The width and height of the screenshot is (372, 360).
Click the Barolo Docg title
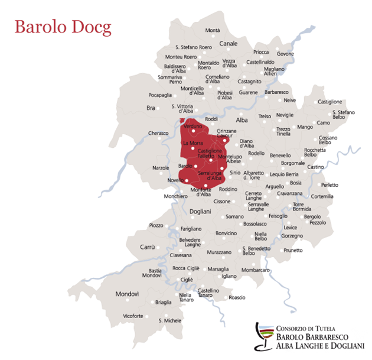pyautogui.click(x=63, y=27)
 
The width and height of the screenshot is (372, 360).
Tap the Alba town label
pyautogui.click(x=242, y=119)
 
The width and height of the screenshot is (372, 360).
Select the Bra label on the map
pyautogui.click(x=151, y=108)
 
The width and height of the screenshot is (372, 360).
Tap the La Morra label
pyautogui.click(x=193, y=144)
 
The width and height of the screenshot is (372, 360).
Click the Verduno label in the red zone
pyautogui.click(x=193, y=127)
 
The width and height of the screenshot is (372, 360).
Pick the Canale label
pyautogui.click(x=228, y=44)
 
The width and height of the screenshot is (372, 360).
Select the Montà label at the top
pyautogui.click(x=213, y=30)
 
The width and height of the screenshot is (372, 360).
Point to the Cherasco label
pyautogui.click(x=159, y=134)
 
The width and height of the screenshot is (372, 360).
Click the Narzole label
pyautogui.click(x=161, y=168)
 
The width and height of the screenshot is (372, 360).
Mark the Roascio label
pyautogui.click(x=237, y=297)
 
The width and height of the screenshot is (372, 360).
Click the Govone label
pyautogui.click(x=285, y=54)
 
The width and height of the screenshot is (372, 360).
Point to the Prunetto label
pyautogui.click(x=293, y=250)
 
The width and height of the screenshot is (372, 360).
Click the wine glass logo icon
pyautogui.click(x=263, y=338)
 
